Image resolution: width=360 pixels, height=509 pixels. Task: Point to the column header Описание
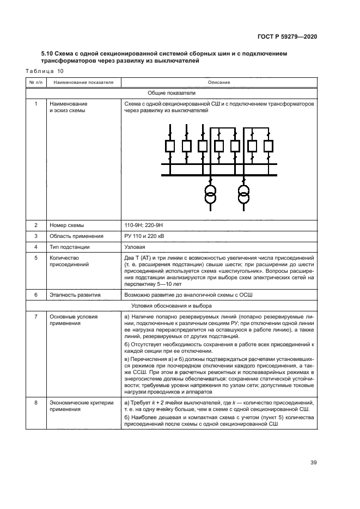(x=218, y=83)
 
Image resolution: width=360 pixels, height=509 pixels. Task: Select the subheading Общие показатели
(x=172, y=93)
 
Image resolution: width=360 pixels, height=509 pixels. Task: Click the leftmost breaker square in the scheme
(x=170, y=146)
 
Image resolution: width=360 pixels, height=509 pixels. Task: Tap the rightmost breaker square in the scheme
(x=268, y=146)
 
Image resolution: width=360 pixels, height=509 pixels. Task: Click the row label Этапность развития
(x=75, y=295)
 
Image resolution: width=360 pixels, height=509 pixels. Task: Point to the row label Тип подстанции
(x=70, y=247)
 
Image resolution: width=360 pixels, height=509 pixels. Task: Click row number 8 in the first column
(x=36, y=402)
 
